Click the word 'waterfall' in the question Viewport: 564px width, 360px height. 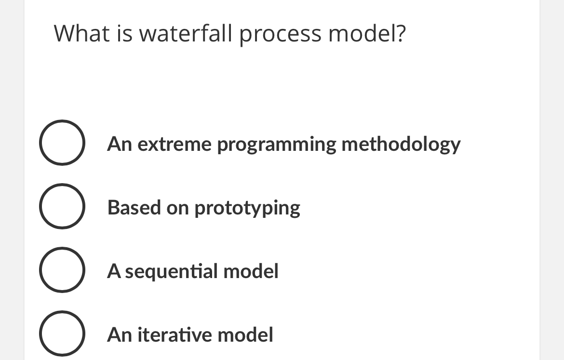[185, 34]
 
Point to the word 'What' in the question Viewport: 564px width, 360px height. [78, 34]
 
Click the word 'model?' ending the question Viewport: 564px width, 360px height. [367, 34]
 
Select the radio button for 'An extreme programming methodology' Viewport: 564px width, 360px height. [62, 143]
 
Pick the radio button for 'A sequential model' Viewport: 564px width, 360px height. [62, 270]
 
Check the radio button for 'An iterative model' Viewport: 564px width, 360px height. [62, 333]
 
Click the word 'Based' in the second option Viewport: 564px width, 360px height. [134, 208]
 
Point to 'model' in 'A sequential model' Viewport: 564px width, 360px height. [252, 271]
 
